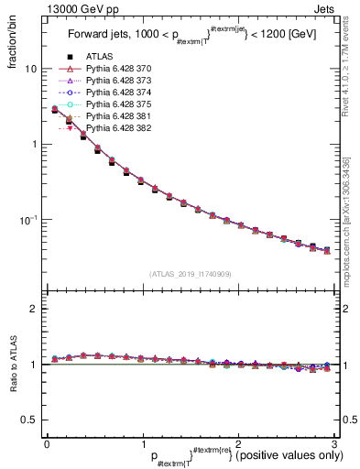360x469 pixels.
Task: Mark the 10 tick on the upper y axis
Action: pyautogui.click(x=30, y=69)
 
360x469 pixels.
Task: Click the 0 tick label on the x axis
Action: pyautogui.click(x=47, y=444)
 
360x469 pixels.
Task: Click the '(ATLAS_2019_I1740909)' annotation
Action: pyautogui.click(x=190, y=274)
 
